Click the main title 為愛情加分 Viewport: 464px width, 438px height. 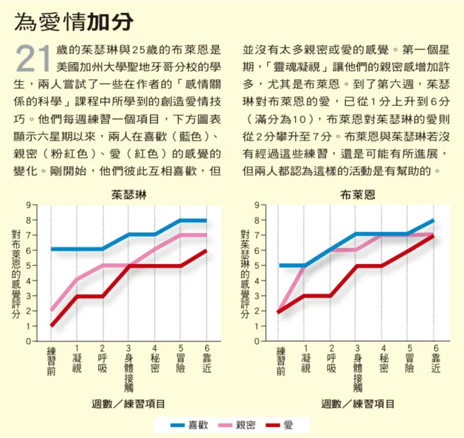tap(74, 21)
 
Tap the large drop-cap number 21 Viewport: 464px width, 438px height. tap(33, 58)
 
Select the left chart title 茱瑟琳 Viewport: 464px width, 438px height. tap(129, 195)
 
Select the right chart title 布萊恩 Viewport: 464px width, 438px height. tap(358, 195)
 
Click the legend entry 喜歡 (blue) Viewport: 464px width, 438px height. tap(189, 425)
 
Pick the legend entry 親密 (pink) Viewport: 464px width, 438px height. tap(237, 425)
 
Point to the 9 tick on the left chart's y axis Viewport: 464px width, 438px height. tap(29, 205)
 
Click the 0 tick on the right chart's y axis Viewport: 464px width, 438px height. tap(257, 342)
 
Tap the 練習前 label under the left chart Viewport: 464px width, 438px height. tap(51, 361)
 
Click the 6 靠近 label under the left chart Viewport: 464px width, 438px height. tap(206, 359)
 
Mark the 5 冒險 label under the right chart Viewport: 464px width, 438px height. tap(409, 359)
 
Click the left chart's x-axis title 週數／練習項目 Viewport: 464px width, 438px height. tap(128, 404)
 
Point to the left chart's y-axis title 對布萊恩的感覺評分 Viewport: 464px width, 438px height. tap(16, 274)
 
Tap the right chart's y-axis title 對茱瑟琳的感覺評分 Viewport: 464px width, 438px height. tap(245, 274)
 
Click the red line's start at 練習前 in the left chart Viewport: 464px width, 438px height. tap(51, 326)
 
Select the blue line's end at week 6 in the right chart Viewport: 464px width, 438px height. tap(433, 220)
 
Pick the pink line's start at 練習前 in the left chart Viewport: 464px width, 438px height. tap(51, 310)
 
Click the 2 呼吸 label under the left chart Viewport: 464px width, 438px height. tap(102, 359)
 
